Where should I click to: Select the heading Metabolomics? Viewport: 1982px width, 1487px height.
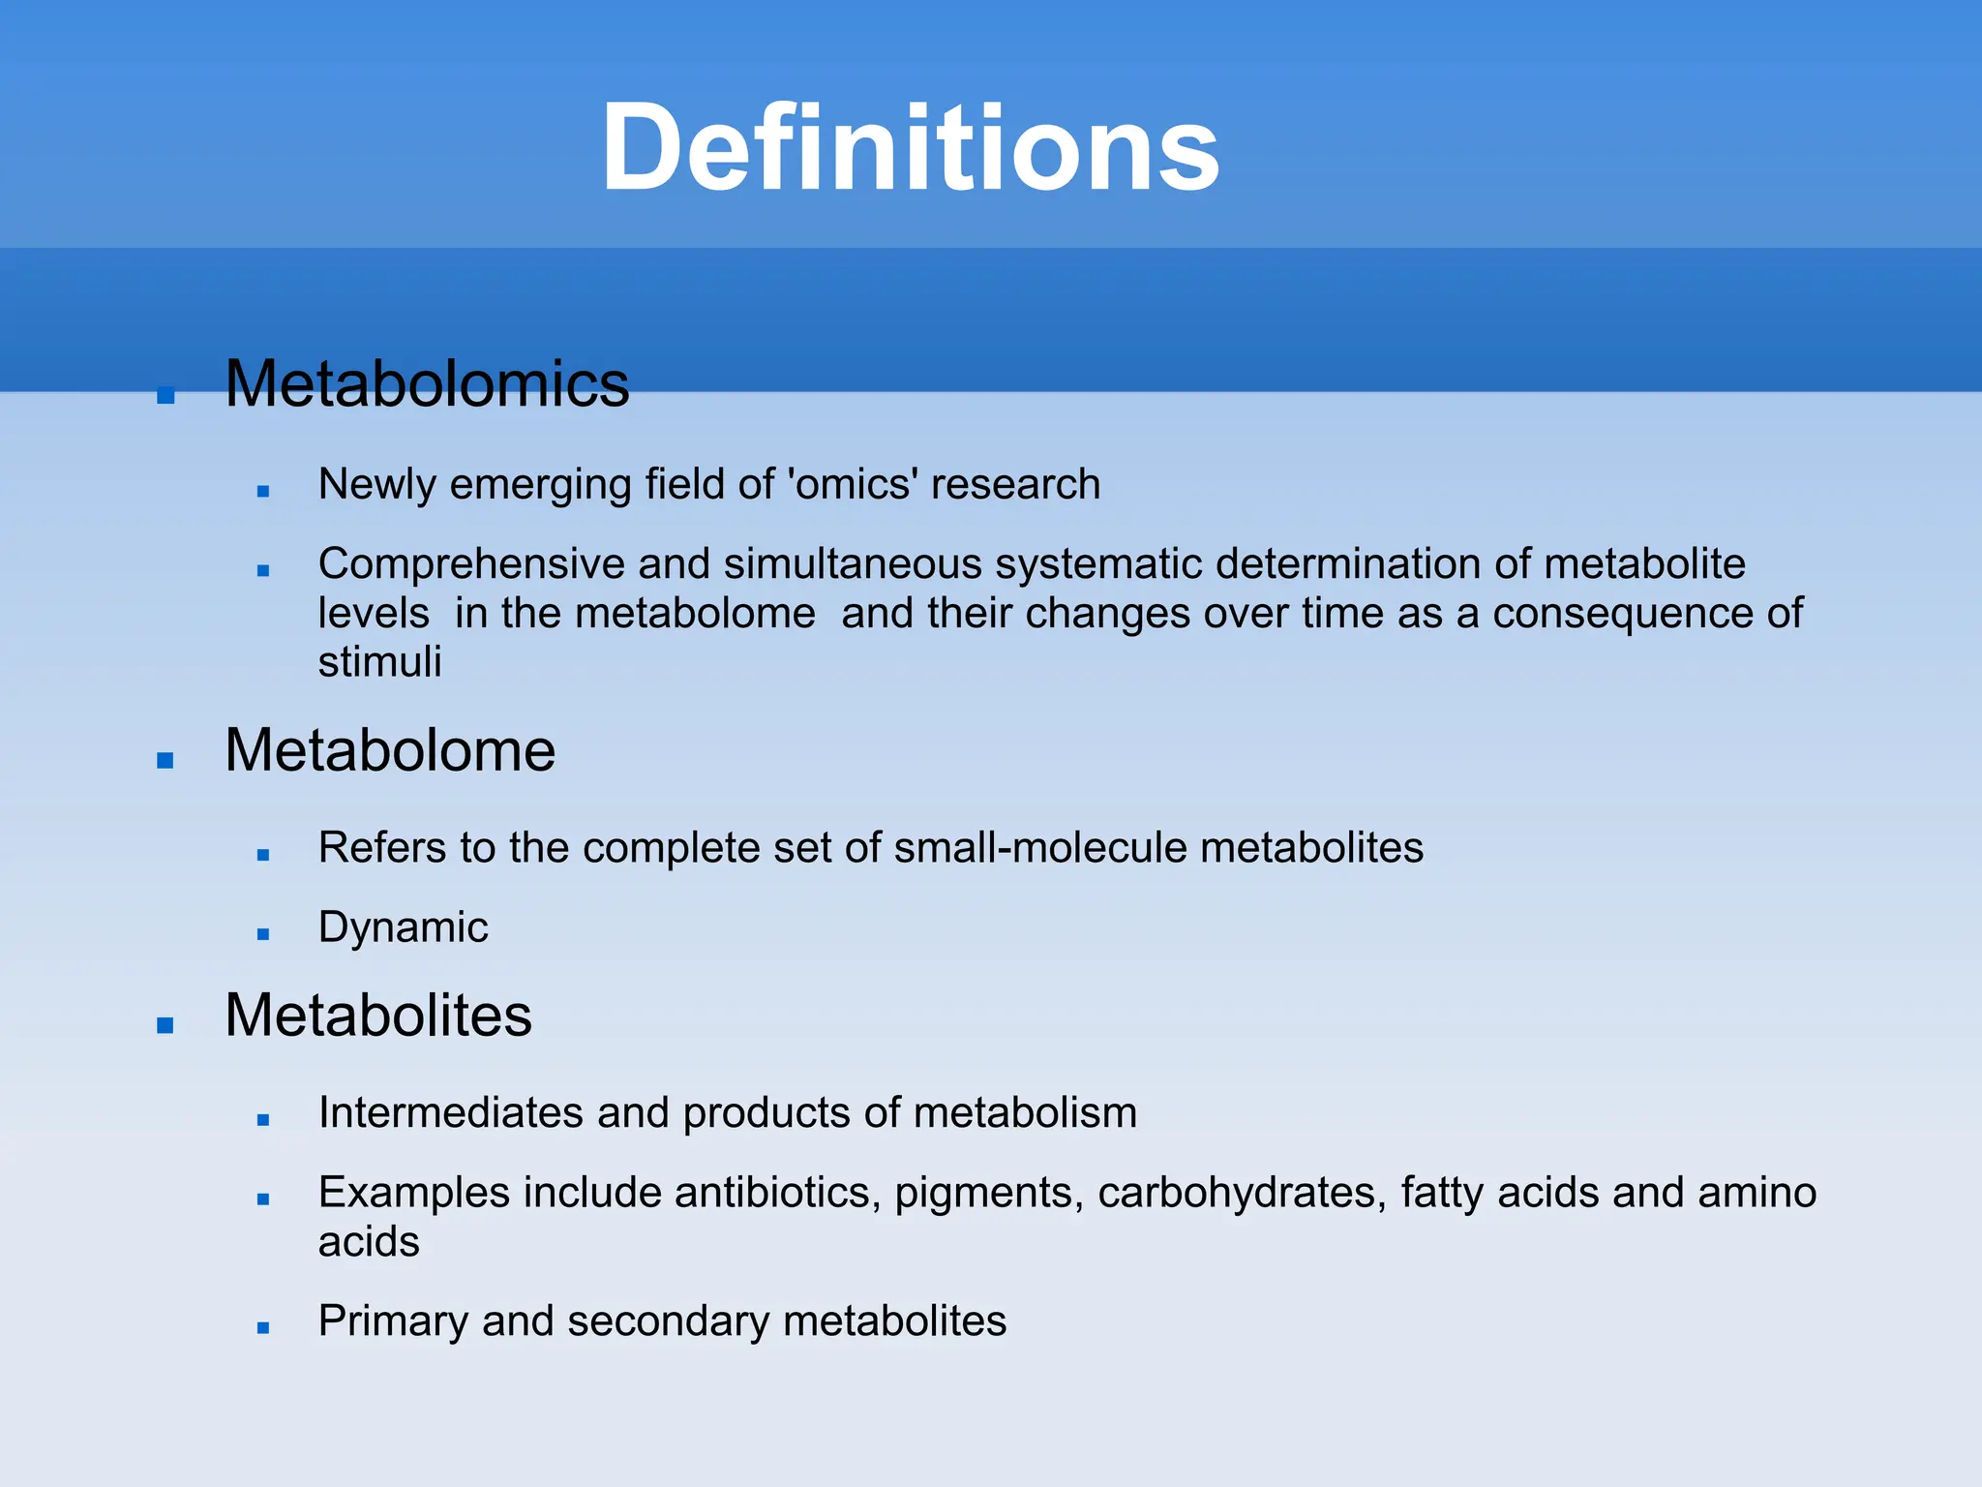tap(427, 384)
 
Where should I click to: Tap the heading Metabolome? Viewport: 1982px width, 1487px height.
tap(390, 750)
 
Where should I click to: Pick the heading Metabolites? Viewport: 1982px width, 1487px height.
tap(378, 1016)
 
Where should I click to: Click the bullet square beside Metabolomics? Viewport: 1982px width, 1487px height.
tap(165, 395)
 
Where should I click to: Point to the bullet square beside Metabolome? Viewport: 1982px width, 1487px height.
tap(165, 761)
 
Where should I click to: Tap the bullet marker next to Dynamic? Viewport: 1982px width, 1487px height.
tap(263, 934)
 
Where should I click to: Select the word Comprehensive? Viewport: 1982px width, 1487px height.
tap(471, 563)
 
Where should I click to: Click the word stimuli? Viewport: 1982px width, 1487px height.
tap(379, 663)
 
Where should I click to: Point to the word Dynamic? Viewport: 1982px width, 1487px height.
tap(403, 927)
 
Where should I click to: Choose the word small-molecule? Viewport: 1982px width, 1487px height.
tap(1039, 848)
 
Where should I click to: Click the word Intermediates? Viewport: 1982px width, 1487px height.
tap(451, 1113)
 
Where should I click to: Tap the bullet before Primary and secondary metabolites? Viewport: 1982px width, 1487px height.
tap(263, 1328)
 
